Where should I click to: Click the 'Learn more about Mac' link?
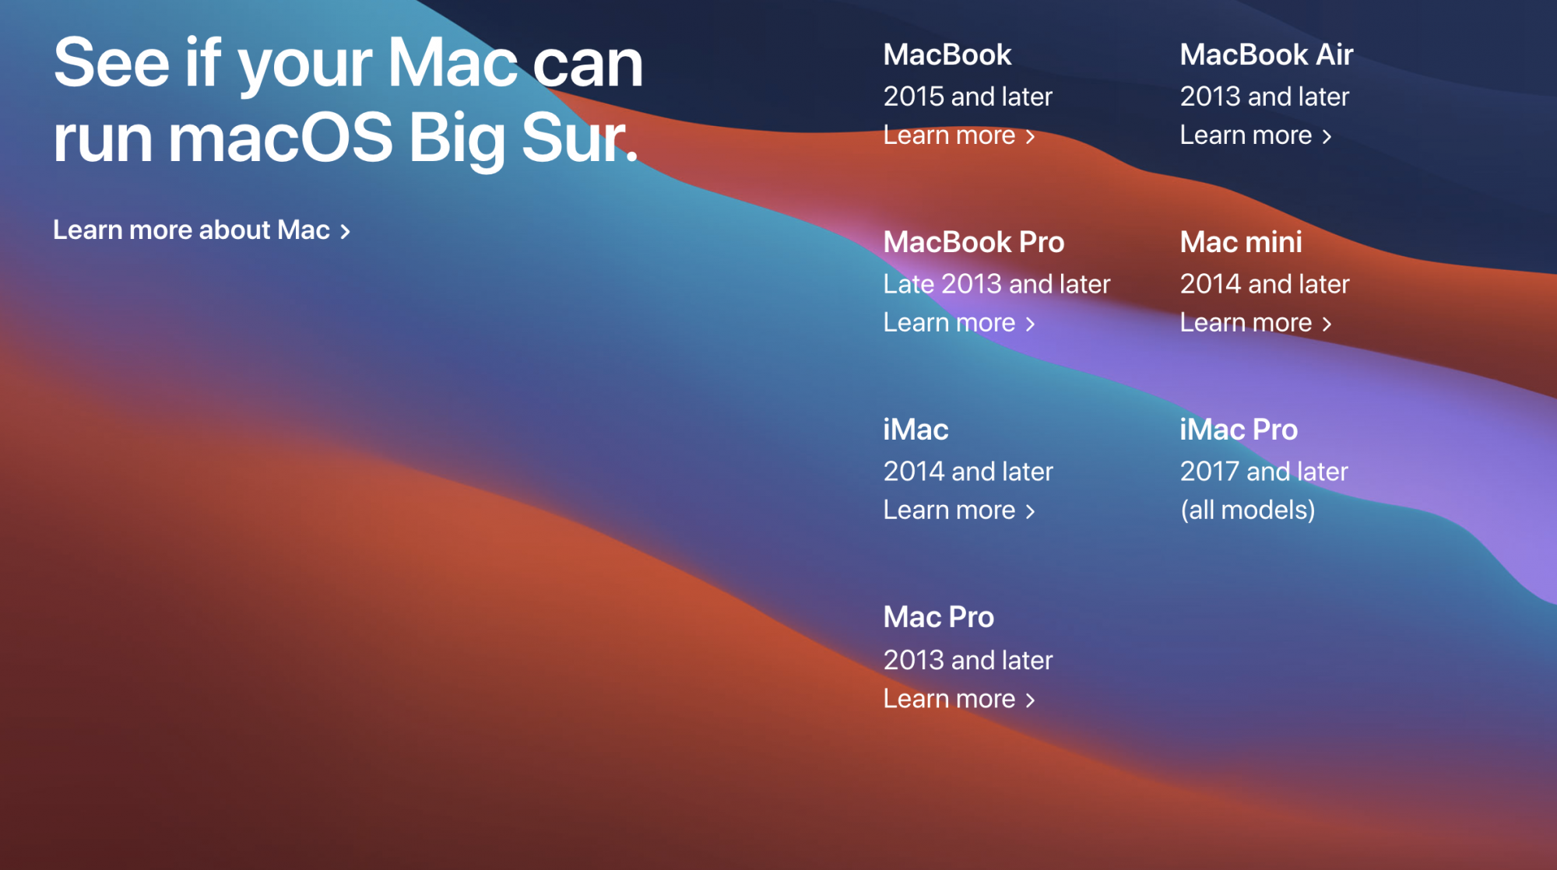[201, 230]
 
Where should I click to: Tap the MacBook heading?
[947, 55]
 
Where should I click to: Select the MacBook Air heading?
[1267, 55]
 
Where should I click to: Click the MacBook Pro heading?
[974, 243]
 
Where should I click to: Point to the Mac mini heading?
[1241, 243]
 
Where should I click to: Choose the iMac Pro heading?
[1239, 430]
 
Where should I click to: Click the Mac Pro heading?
[939, 618]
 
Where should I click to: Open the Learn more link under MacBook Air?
[1256, 136]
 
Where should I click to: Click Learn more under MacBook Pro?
[959, 324]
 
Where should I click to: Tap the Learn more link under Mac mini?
[1256, 324]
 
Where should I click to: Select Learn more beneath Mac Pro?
[959, 700]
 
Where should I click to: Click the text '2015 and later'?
[968, 97]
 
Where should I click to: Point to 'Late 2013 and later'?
[996, 285]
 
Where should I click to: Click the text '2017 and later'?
[1264, 472]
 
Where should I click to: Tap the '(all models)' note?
[1248, 511]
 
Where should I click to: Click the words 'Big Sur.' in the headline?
[524, 139]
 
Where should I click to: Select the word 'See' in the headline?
[111, 63]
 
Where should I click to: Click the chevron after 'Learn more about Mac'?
[345, 231]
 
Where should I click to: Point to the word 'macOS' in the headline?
[281, 139]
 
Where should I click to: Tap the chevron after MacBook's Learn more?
[1030, 137]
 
